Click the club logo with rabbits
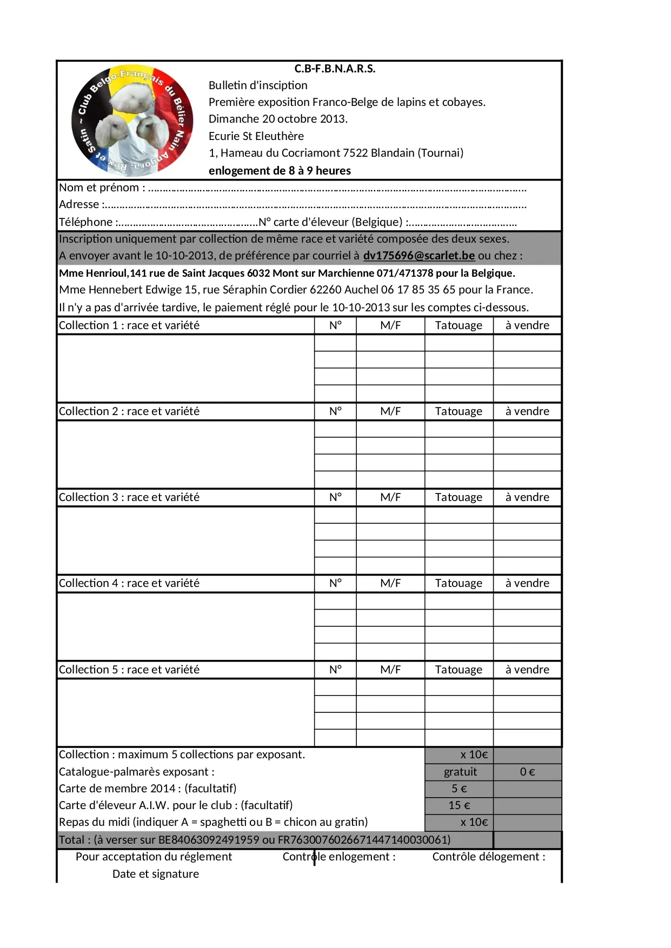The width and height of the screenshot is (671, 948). (132, 121)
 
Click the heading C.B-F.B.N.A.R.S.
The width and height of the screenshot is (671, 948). (335, 69)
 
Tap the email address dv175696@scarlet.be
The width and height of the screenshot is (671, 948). (418, 256)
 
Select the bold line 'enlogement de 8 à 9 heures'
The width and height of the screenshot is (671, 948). (280, 171)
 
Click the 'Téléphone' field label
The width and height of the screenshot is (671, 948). (86, 222)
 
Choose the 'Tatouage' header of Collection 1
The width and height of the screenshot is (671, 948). (459, 325)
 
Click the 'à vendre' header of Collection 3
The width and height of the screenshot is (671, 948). (527, 497)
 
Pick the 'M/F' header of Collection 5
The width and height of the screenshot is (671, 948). (390, 670)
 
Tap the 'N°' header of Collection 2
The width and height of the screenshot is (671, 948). (335, 411)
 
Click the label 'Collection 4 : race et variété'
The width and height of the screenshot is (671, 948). (129, 583)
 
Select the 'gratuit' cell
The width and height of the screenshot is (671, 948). (460, 772)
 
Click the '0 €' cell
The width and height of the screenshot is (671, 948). (527, 772)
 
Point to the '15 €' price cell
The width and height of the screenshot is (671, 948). (459, 805)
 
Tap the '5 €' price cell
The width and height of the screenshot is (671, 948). (459, 789)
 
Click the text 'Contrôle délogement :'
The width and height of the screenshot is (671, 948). (489, 857)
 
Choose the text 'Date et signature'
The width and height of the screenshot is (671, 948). (156, 874)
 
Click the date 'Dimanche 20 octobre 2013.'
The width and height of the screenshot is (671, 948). (278, 119)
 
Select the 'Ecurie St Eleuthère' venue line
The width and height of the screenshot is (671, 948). (256, 136)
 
